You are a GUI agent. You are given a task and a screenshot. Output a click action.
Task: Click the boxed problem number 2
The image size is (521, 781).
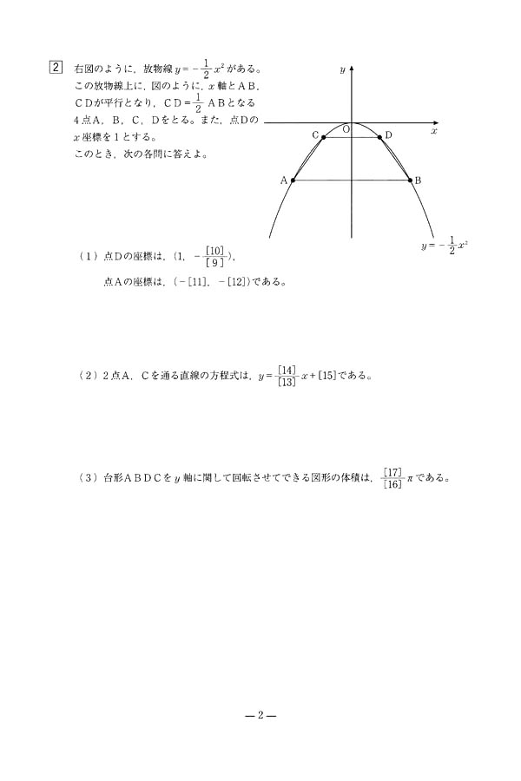pos(56,67)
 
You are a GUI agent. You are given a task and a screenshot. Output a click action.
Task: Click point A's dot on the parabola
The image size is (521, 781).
pos(293,180)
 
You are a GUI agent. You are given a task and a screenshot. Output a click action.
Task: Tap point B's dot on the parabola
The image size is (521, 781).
pos(411,180)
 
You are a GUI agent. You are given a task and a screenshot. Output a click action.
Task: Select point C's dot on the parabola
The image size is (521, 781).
pos(323,136)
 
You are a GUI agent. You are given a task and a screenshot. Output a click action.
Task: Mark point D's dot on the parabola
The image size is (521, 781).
pos(380,136)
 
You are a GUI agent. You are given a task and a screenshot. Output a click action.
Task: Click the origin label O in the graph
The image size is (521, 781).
pos(346,129)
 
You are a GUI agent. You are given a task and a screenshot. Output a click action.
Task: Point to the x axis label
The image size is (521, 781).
pos(433,130)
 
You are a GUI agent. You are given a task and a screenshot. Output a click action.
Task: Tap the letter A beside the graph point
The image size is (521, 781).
pos(284,180)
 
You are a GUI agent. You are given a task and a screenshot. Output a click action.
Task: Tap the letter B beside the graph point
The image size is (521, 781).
pos(418,180)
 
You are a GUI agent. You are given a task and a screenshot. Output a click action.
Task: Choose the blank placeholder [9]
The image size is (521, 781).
pos(214,263)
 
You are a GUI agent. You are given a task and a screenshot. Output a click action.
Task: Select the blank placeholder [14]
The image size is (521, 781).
pos(287,370)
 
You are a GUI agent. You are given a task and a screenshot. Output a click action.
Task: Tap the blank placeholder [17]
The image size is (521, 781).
pos(392,471)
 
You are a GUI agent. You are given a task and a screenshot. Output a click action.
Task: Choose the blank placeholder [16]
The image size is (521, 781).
pos(392,483)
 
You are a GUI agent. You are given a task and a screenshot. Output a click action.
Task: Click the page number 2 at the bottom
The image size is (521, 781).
pos(260,716)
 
